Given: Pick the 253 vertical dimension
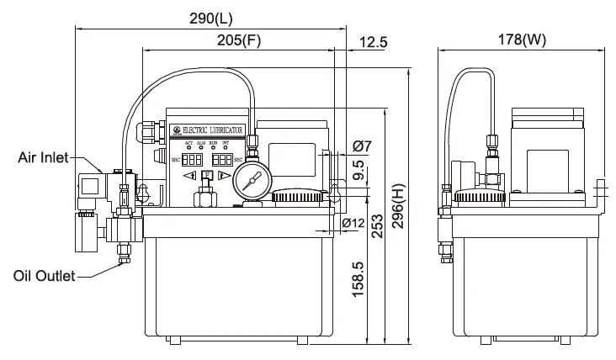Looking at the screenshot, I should point(378,225).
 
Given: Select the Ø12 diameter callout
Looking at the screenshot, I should point(353,223).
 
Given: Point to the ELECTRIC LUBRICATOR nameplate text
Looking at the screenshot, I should point(212,131).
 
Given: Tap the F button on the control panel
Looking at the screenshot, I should point(206,176).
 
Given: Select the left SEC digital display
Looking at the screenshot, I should point(193,158).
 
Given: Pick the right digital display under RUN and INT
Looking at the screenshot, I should point(222,158).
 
